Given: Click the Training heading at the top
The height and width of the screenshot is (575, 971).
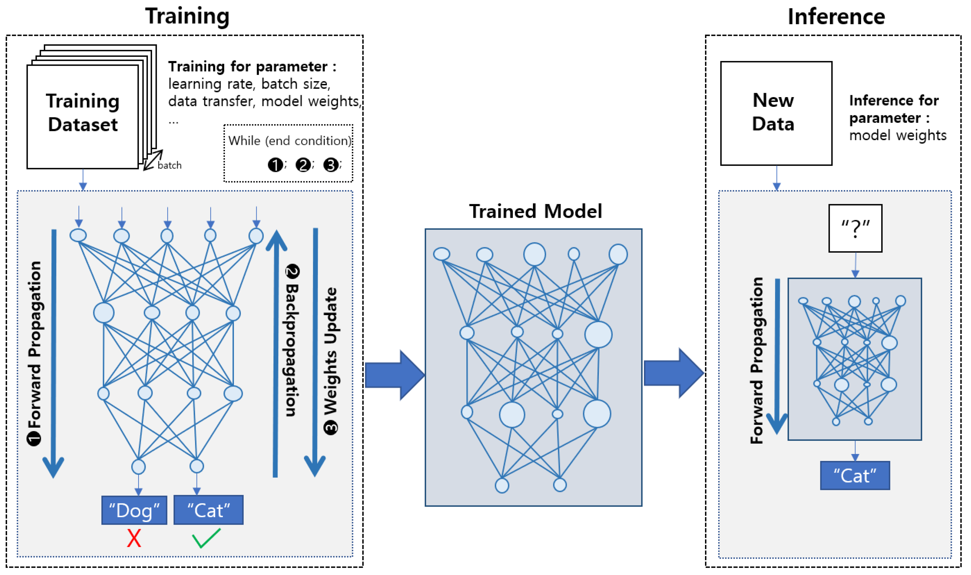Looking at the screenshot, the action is pos(187,17).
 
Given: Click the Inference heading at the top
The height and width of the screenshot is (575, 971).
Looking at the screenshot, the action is pos(837,17).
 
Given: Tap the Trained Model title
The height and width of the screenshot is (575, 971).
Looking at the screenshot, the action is pos(535,211).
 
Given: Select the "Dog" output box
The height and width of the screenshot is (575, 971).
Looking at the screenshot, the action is pos(134,510).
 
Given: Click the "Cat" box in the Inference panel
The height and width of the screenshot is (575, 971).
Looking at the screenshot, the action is pos(855,475).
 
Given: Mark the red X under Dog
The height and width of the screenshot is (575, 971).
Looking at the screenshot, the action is pos(134,538).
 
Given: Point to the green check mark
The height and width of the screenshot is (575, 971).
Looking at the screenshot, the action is pos(206,538).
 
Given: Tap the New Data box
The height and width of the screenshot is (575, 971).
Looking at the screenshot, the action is pos(777,113).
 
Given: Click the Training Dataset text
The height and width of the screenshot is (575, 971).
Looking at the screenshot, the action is pos(83,113).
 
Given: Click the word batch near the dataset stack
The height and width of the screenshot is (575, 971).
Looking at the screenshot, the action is pos(170,166).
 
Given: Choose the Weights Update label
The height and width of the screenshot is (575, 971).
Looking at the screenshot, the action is pos(331,361).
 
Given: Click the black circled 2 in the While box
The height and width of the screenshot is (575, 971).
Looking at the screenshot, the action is pos(303,165).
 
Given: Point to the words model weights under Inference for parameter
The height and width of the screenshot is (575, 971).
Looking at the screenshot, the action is pos(898,135).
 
